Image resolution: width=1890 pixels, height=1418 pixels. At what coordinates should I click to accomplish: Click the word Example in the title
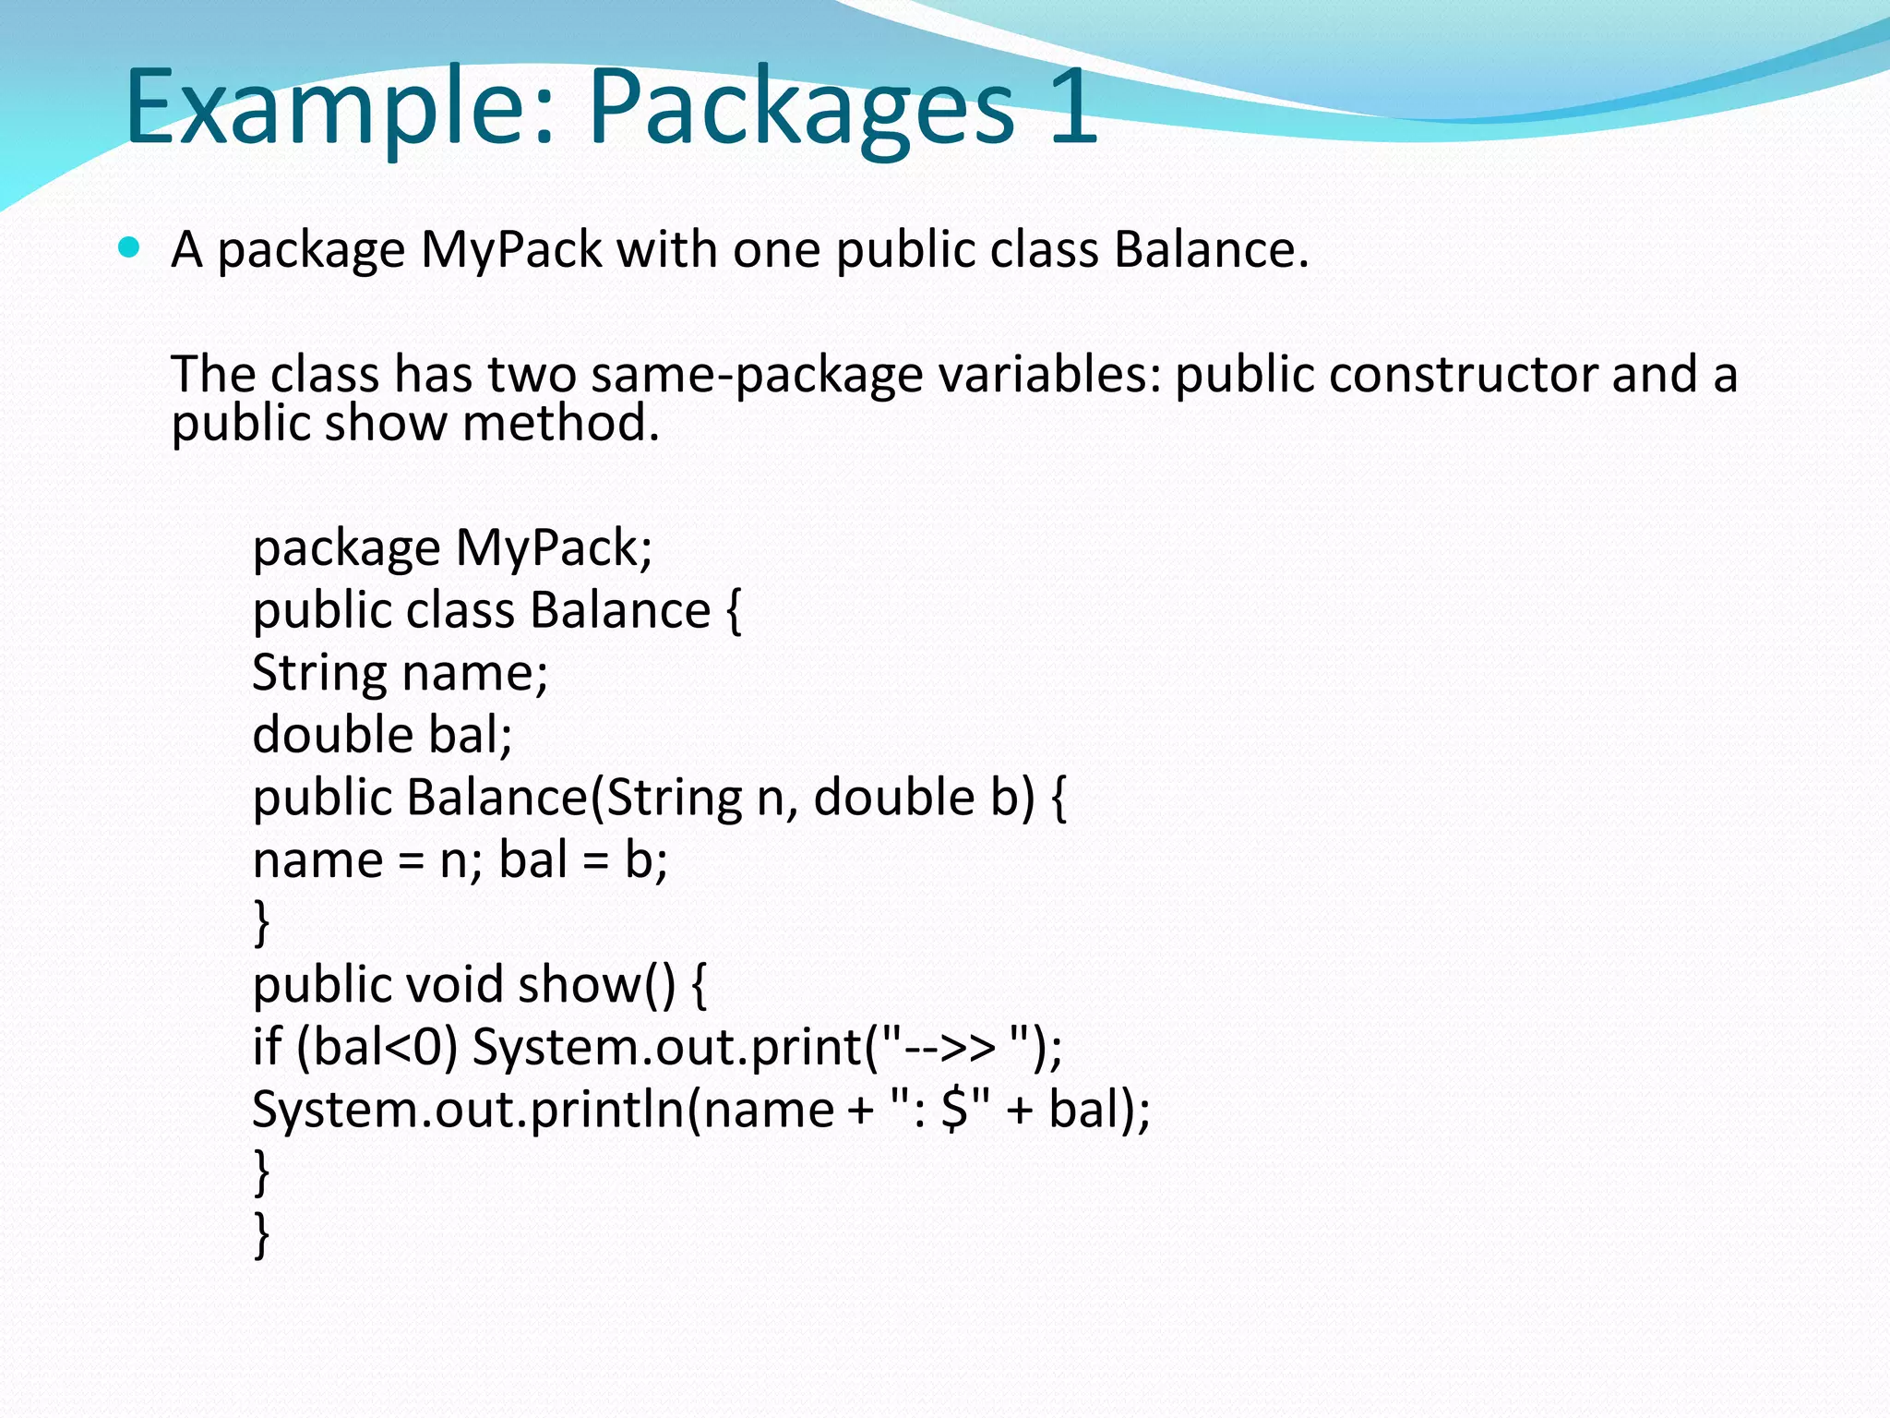[x=338, y=107]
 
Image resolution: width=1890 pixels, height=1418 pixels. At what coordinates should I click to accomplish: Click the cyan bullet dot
[x=129, y=247]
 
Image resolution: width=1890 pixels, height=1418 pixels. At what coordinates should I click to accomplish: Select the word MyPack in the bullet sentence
[x=511, y=249]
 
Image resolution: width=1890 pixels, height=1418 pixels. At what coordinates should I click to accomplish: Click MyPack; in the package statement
[x=554, y=547]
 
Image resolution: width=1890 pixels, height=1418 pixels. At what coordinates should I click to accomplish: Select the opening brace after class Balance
[x=733, y=611]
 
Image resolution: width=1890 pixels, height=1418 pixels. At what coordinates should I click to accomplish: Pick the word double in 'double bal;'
[x=332, y=735]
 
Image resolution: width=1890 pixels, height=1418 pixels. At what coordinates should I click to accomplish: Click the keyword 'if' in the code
[x=267, y=1047]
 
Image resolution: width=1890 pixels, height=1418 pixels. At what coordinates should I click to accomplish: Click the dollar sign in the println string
[x=954, y=1109]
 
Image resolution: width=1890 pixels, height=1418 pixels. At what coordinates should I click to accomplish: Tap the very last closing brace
[x=262, y=1235]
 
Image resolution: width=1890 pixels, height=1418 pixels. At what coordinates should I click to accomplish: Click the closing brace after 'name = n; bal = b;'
[x=262, y=922]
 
